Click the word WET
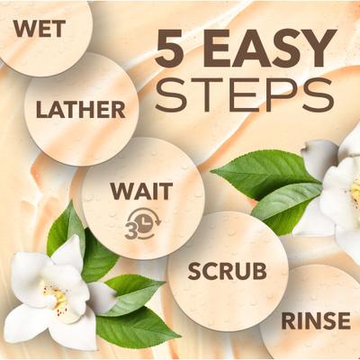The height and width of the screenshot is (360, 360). tap(40, 29)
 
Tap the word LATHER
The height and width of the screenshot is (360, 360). tap(81, 110)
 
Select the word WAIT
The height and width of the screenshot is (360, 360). tap(141, 191)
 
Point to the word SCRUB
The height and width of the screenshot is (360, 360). tap(227, 271)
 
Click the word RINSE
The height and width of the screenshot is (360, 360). tap(316, 320)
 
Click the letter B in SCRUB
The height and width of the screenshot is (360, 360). tap(260, 271)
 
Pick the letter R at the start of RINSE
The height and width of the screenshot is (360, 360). tap(289, 320)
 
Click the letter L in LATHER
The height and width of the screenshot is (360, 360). tap(42, 110)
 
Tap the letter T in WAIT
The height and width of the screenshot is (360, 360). tap(166, 191)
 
